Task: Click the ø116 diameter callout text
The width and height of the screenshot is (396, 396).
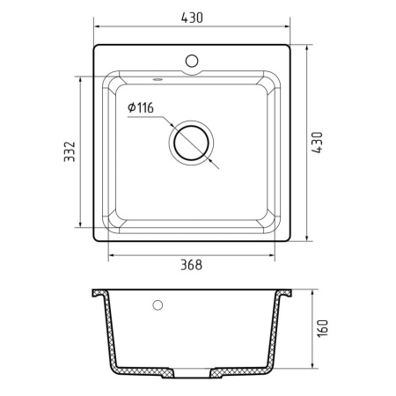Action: pyautogui.click(x=142, y=107)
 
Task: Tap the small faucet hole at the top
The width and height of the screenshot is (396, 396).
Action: pyautogui.click(x=192, y=61)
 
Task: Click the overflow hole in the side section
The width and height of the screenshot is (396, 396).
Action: pyautogui.click(x=158, y=306)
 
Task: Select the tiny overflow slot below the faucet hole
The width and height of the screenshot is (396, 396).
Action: pyautogui.click(x=160, y=78)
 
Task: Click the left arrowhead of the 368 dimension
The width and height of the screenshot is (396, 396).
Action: pyautogui.click(x=112, y=256)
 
